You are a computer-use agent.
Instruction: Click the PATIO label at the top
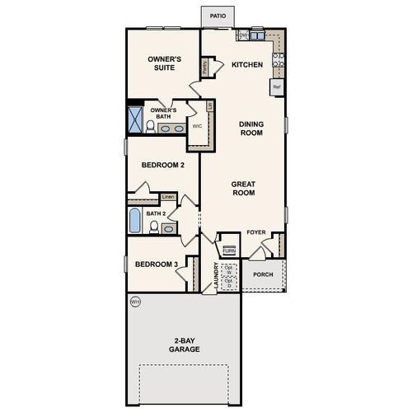pyautogui.click(x=217, y=16)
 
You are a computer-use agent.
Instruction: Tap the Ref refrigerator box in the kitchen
pyautogui.click(x=277, y=86)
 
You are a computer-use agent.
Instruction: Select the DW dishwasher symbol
pyautogui.click(x=244, y=35)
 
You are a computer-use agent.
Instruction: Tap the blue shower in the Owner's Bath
pyautogui.click(x=134, y=117)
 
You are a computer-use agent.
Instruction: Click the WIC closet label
pyautogui.click(x=197, y=127)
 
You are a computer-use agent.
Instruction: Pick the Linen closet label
pyautogui.click(x=168, y=196)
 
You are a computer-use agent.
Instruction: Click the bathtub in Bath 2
pyautogui.click(x=136, y=222)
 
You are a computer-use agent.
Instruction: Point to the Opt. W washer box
pyautogui.click(x=229, y=269)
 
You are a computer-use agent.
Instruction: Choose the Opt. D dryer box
pyautogui.click(x=229, y=283)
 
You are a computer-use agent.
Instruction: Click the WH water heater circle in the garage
pyautogui.click(x=135, y=303)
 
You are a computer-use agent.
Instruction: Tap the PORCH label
pyautogui.click(x=263, y=274)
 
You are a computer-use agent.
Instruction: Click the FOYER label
pyautogui.click(x=256, y=233)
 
